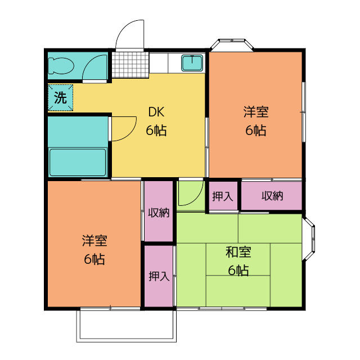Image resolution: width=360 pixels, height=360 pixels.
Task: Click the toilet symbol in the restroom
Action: pos(61,65)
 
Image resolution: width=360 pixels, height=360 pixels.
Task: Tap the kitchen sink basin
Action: pos(192,62)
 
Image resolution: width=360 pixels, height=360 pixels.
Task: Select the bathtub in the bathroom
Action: pos(78,163)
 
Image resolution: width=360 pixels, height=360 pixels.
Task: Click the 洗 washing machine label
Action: pos(60,98)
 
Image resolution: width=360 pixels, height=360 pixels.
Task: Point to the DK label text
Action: pos(156,112)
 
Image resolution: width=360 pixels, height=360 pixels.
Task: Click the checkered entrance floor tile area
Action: pos(130,65)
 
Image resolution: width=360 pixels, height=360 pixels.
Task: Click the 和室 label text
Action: pos(238,252)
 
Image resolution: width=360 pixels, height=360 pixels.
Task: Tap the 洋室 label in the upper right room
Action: pos(256,112)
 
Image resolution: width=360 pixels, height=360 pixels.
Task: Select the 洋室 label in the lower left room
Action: pos(94,241)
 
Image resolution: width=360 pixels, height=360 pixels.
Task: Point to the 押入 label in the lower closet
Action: pos(159,276)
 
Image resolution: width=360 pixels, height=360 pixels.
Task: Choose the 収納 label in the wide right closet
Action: pos(272,196)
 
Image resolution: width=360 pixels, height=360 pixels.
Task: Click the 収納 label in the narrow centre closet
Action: pos(159,213)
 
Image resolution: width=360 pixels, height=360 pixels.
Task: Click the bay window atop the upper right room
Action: pos(232,45)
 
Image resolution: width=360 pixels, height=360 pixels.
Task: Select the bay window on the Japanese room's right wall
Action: pos(308,238)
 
